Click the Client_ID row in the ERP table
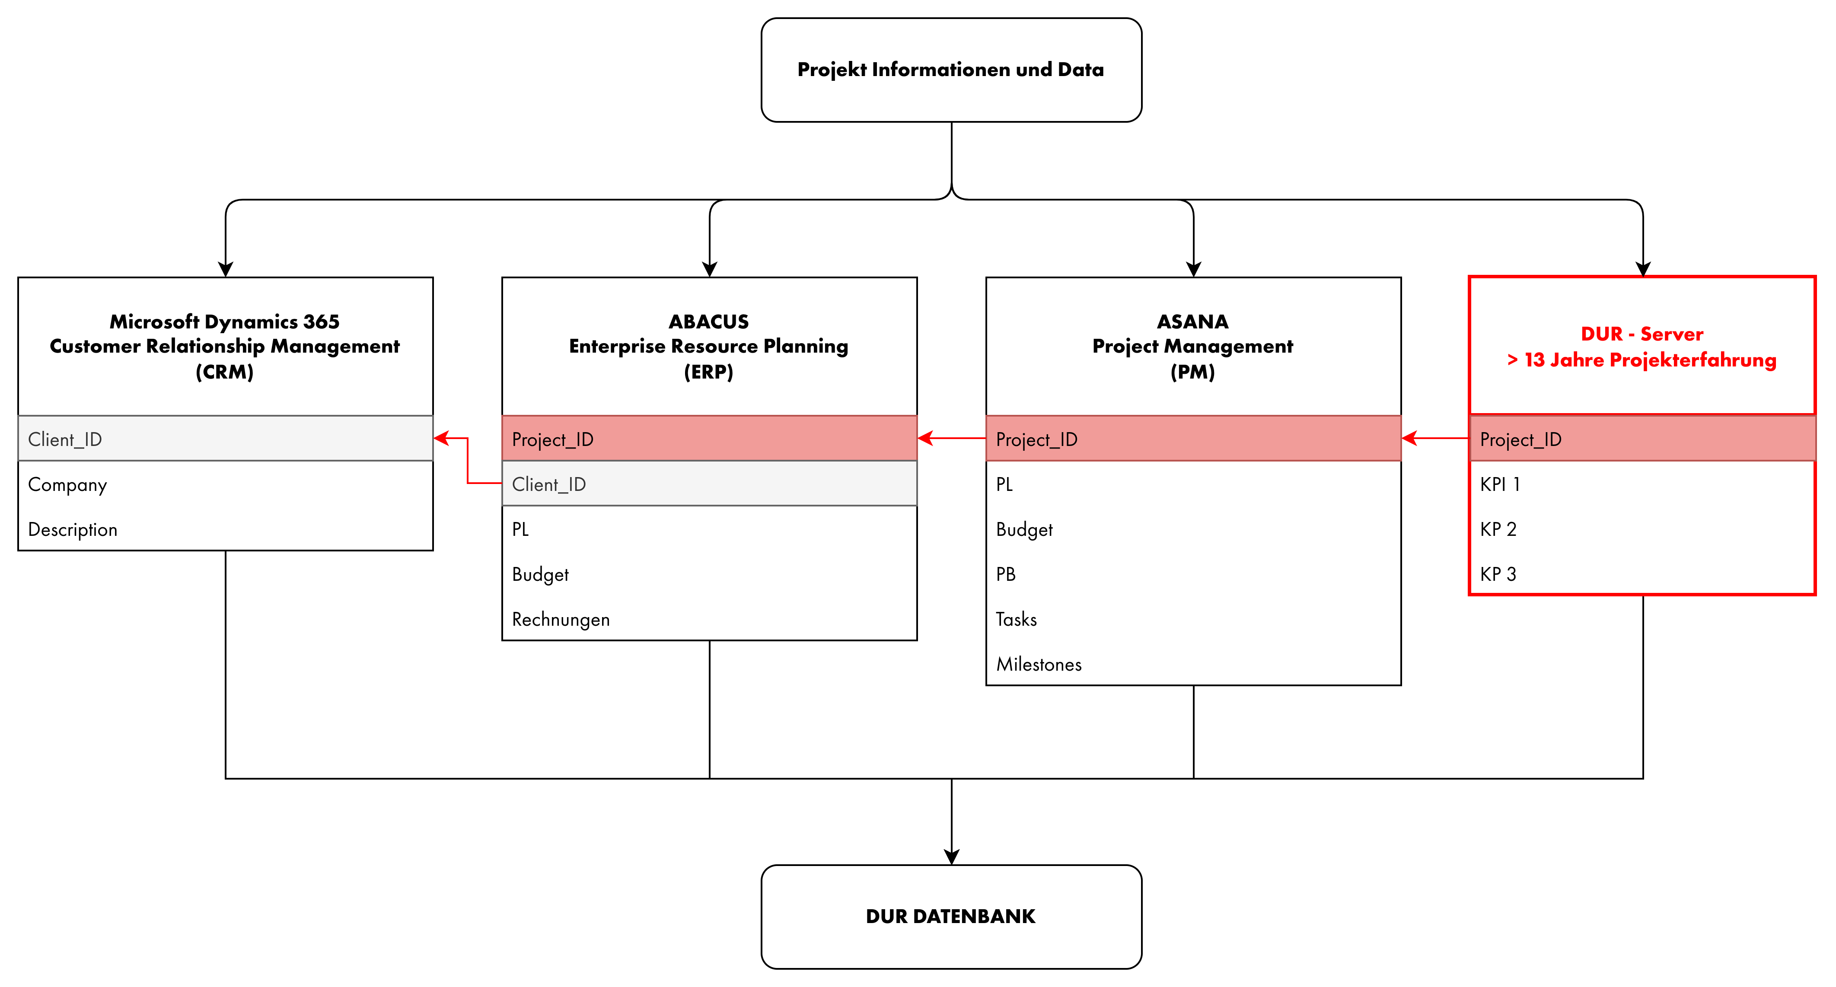709,484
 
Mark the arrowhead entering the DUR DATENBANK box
952,856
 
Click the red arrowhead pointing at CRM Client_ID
442,438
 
